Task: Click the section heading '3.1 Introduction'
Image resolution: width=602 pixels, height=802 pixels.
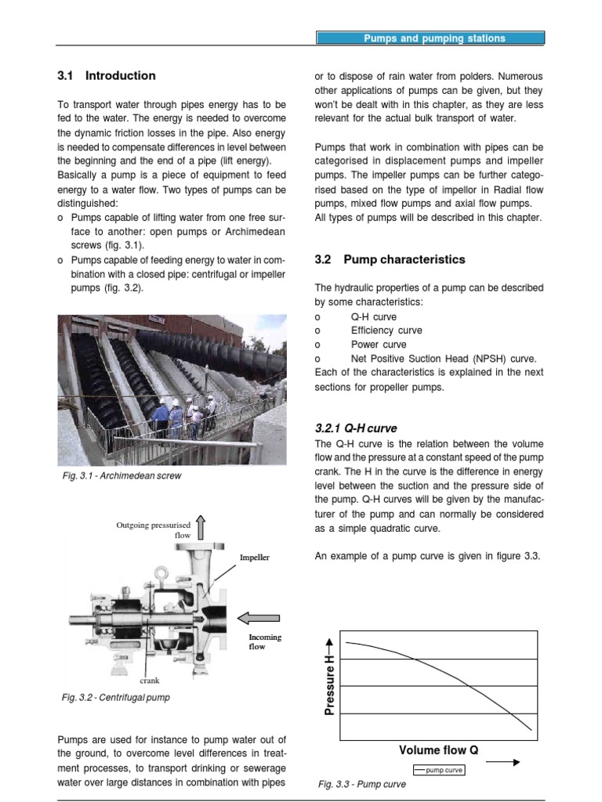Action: (x=107, y=76)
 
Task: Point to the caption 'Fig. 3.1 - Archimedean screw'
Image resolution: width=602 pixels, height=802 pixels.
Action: (x=121, y=475)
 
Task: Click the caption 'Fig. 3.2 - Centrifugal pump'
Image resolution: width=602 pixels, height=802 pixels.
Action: (x=115, y=697)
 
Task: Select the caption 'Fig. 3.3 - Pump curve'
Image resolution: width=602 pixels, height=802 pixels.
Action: (x=361, y=784)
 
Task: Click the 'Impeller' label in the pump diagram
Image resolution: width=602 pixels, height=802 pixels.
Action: (x=255, y=558)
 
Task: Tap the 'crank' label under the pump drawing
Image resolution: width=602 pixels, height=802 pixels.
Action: (x=150, y=681)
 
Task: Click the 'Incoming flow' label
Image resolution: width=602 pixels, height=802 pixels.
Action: (x=265, y=641)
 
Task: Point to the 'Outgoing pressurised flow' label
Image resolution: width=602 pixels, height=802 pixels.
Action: (x=154, y=530)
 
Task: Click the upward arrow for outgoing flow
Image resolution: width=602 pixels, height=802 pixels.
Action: (x=201, y=528)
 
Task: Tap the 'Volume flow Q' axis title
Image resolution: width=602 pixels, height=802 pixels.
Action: (x=438, y=750)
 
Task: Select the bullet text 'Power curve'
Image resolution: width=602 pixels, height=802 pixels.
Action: (x=379, y=345)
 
